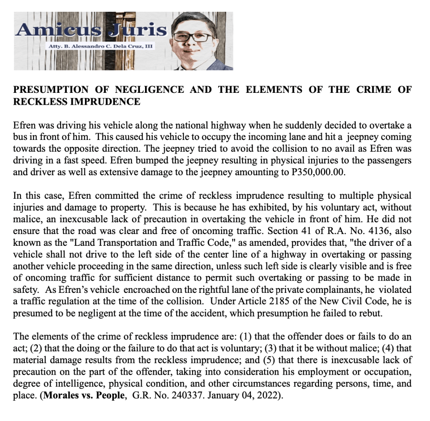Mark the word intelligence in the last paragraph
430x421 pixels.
[70, 384]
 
